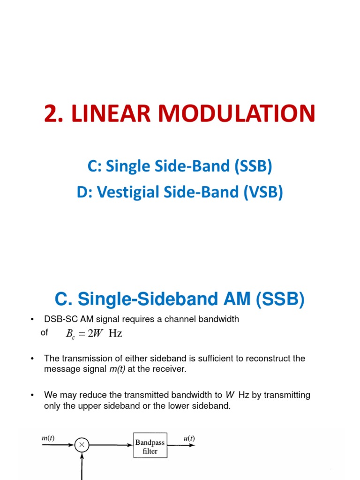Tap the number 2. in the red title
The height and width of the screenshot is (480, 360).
coord(55,114)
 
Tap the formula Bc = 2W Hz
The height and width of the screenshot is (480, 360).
coord(94,334)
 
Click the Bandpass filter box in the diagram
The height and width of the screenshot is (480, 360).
coord(150,446)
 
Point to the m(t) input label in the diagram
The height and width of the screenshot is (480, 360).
coord(48,438)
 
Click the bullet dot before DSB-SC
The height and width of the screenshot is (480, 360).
coord(32,320)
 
